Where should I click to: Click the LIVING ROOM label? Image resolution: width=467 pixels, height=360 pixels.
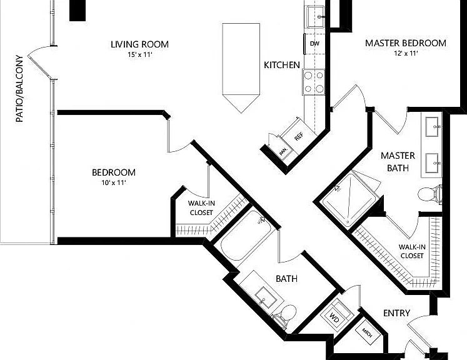pyautogui.click(x=139, y=44)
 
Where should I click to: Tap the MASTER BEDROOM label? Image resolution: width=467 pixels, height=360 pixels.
pyautogui.click(x=406, y=43)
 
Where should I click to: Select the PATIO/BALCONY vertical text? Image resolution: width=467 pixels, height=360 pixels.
pyautogui.click(x=19, y=89)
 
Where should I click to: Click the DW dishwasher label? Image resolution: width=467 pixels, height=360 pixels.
pyautogui.click(x=314, y=44)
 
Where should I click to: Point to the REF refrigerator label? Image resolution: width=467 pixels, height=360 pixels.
pyautogui.click(x=299, y=136)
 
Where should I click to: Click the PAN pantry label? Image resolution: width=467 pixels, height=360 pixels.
pyautogui.click(x=283, y=152)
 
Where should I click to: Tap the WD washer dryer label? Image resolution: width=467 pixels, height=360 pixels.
pyautogui.click(x=334, y=317)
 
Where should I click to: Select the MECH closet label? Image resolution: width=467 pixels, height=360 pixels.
pyautogui.click(x=367, y=332)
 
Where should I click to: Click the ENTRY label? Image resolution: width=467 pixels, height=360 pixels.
pyautogui.click(x=397, y=313)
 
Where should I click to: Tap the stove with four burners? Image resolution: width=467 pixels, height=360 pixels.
pyautogui.click(x=314, y=82)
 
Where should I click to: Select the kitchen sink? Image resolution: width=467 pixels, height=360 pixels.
pyautogui.click(x=316, y=17)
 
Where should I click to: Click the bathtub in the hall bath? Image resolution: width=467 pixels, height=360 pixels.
pyautogui.click(x=246, y=235)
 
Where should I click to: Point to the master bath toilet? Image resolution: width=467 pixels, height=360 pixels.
pyautogui.click(x=429, y=194)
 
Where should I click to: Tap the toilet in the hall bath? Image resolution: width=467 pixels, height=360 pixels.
pyautogui.click(x=284, y=316)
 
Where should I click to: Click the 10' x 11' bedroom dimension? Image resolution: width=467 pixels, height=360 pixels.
pyautogui.click(x=114, y=182)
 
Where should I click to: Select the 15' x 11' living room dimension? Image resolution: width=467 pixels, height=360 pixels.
pyautogui.click(x=139, y=54)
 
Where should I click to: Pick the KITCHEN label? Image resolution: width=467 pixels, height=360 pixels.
pyautogui.click(x=282, y=65)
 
